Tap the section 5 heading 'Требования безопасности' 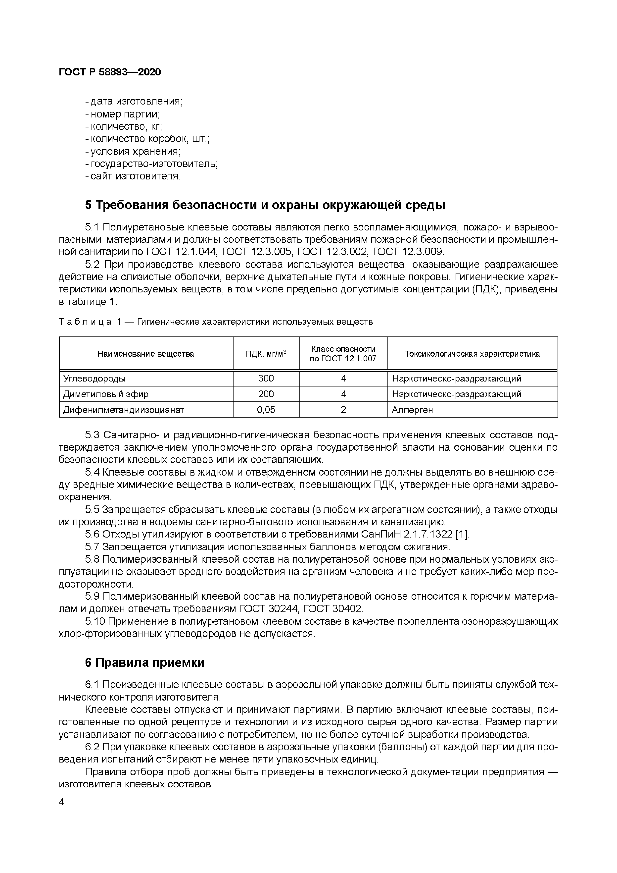click(x=265, y=205)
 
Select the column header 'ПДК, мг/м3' click(x=266, y=354)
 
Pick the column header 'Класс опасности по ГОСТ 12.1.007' click(x=343, y=354)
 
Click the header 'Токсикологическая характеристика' click(x=472, y=354)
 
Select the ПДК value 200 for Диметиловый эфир click(x=266, y=394)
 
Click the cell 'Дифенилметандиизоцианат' click(x=124, y=410)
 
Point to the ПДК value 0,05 click(x=266, y=410)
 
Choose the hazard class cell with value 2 click(x=343, y=410)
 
